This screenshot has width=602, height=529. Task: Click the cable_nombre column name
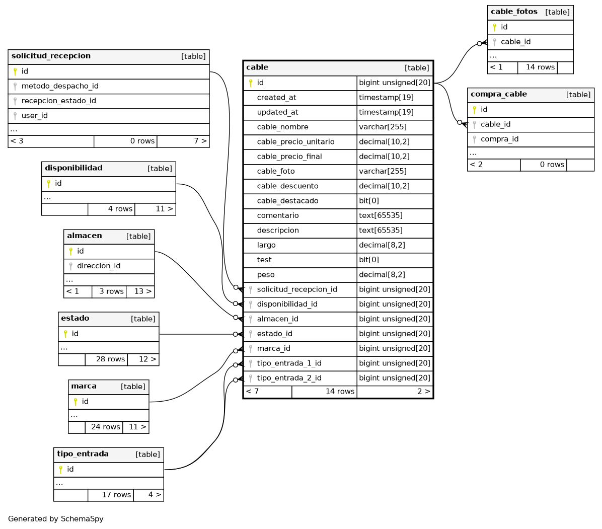[x=282, y=127]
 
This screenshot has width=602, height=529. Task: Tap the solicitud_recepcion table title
[x=51, y=56]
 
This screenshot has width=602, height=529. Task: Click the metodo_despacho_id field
[x=60, y=86]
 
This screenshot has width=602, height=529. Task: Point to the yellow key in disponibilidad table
[x=49, y=184]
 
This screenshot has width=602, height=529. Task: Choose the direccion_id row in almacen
[x=99, y=266]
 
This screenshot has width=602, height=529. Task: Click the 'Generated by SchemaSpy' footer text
[x=55, y=519]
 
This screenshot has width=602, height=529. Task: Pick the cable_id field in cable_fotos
[x=515, y=42]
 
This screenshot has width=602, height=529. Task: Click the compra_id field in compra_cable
[x=499, y=139]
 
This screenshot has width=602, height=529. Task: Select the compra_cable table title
[x=499, y=94]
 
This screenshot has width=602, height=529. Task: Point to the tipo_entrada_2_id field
[x=289, y=378]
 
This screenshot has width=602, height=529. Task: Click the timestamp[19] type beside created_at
[x=386, y=98]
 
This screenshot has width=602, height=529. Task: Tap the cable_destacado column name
[x=287, y=201]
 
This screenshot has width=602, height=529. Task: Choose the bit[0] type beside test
[x=369, y=260]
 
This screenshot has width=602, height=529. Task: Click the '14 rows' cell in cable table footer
[x=340, y=391]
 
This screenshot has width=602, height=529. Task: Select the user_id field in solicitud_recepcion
[x=34, y=115]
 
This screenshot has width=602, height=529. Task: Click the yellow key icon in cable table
[x=250, y=83]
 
